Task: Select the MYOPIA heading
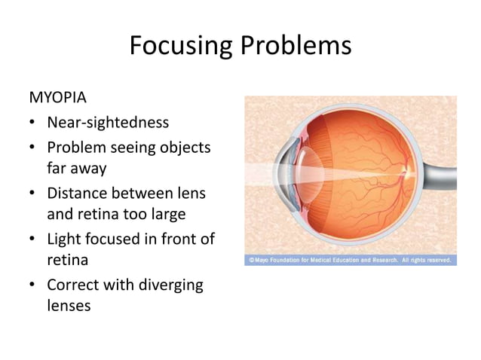pyautogui.click(x=57, y=98)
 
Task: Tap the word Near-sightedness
pyautogui.click(x=108, y=122)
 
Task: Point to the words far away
pyautogui.click(x=76, y=169)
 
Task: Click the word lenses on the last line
pyautogui.click(x=69, y=307)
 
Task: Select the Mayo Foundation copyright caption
pyautogui.click(x=350, y=261)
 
